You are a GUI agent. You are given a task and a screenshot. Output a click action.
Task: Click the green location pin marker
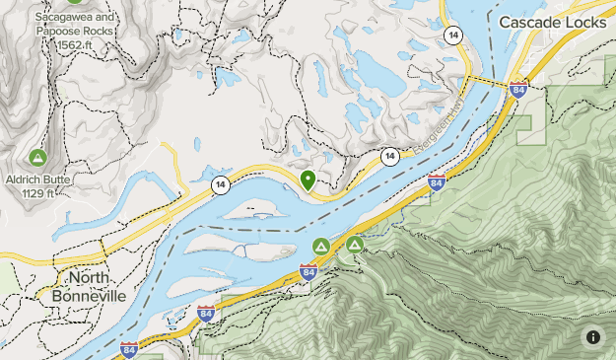[x=308, y=180]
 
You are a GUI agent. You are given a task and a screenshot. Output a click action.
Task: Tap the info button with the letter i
[x=592, y=336]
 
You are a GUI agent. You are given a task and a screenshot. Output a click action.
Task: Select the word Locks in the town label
[x=588, y=21]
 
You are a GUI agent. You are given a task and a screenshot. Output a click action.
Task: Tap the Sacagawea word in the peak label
[x=61, y=18]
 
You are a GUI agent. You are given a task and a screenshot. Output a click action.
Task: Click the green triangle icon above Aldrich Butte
[x=37, y=157]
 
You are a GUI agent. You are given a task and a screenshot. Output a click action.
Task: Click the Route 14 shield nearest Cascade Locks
[x=452, y=35]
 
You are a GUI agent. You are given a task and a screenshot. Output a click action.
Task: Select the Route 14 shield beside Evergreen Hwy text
[x=390, y=156]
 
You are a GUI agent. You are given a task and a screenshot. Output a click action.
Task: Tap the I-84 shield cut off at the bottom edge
[x=129, y=351]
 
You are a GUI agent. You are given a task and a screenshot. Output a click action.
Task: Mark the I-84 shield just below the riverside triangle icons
[x=308, y=271]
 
